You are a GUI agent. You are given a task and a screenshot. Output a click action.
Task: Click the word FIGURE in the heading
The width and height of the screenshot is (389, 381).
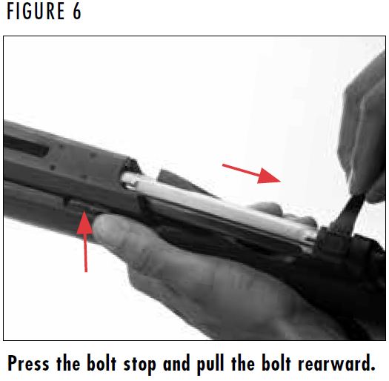pyautogui.click(x=33, y=13)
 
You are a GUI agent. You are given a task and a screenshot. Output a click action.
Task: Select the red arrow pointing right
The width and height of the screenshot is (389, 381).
pyautogui.click(x=253, y=172)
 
